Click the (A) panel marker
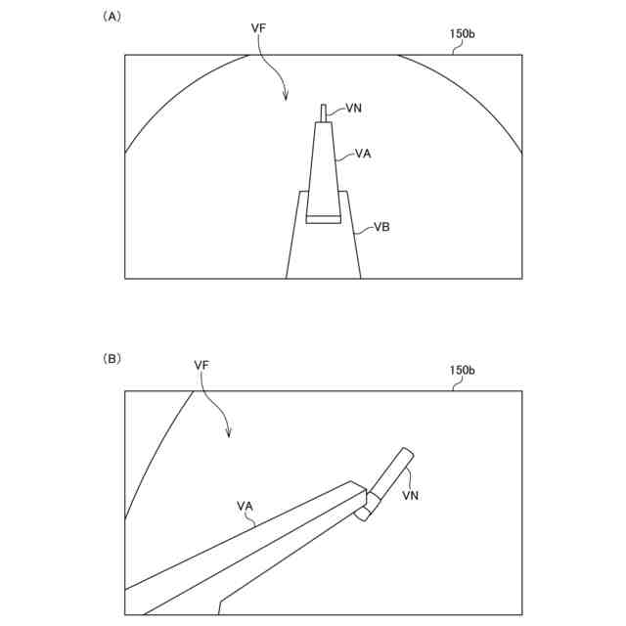112,17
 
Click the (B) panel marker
112,359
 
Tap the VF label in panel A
258,28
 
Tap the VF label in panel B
202,365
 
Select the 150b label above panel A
463,33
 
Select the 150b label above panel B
463,371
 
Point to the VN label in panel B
411,496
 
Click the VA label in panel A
362,154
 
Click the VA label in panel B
245,506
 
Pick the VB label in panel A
382,228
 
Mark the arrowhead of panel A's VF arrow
285,98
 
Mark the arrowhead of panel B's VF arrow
228,435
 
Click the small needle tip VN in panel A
324,112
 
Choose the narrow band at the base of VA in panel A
324,219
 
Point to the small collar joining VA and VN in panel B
365,510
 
